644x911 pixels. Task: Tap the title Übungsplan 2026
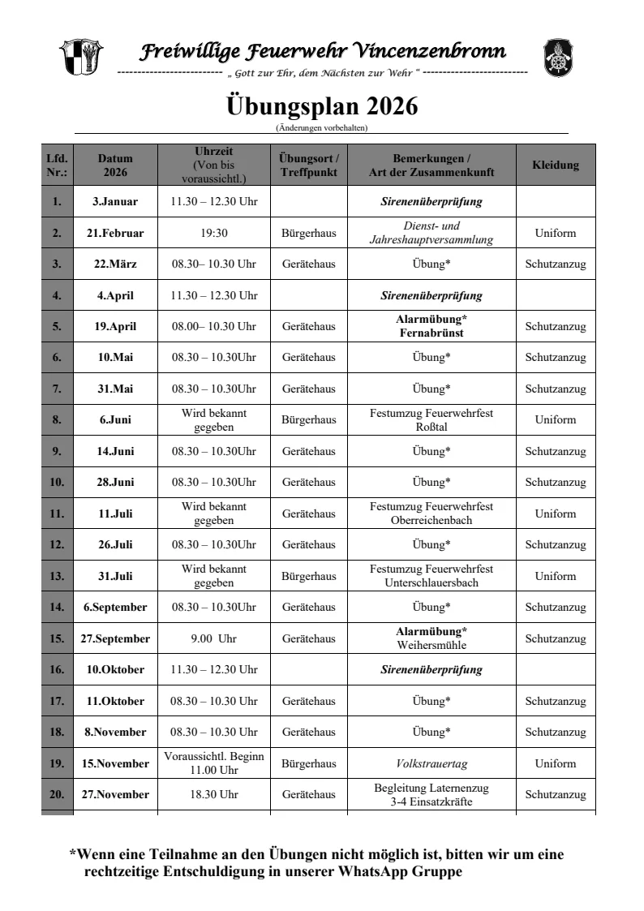[x=321, y=106]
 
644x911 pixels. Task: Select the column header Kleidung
[x=556, y=165]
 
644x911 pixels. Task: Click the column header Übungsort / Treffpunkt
[x=309, y=165]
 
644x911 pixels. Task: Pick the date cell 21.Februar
[x=115, y=233]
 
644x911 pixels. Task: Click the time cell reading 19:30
[x=213, y=233]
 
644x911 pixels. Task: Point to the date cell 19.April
[x=117, y=326]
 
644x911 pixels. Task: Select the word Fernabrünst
[x=431, y=333]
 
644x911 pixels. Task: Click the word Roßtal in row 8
[x=431, y=427]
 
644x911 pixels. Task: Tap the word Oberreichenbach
[x=431, y=520]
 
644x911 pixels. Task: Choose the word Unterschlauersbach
[x=431, y=582]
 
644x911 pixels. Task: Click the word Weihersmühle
[x=431, y=645]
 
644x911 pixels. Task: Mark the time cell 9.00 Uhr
[x=213, y=638]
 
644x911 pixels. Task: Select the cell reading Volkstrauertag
[x=431, y=763]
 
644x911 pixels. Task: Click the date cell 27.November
[x=115, y=794]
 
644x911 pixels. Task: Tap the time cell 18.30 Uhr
[x=213, y=794]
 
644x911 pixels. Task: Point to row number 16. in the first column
[x=57, y=669]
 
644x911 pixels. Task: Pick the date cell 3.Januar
[x=115, y=201]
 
